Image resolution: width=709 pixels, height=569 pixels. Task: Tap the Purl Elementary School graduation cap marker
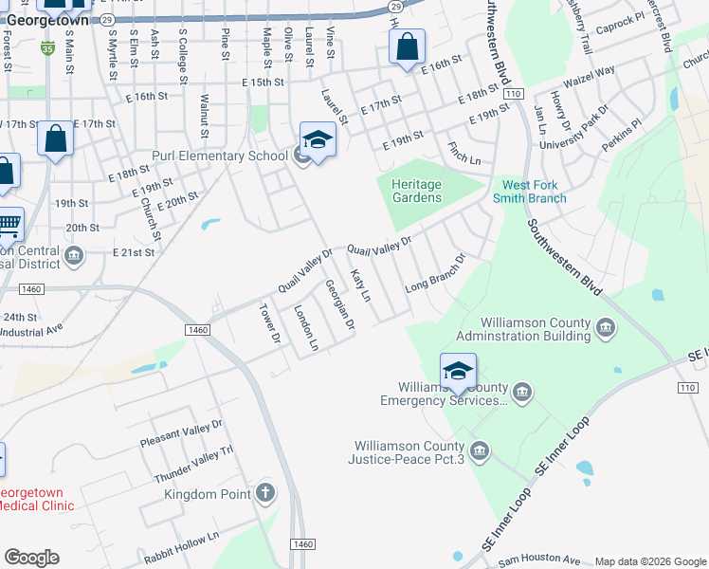click(x=318, y=141)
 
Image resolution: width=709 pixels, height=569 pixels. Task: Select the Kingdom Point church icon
click(x=265, y=493)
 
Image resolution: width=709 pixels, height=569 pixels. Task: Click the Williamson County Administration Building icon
click(x=607, y=329)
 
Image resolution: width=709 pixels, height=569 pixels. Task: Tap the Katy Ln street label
click(x=360, y=285)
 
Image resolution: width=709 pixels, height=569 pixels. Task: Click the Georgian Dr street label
click(x=339, y=304)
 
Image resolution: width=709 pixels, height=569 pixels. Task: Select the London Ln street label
click(x=306, y=327)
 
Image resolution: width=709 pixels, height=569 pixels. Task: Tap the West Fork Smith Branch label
click(x=529, y=192)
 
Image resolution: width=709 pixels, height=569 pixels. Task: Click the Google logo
click(x=31, y=558)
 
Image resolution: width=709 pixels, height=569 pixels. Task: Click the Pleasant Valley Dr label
click(x=180, y=434)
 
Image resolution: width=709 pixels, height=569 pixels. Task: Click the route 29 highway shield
click(x=107, y=18)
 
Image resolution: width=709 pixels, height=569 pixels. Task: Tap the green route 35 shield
click(x=48, y=47)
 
